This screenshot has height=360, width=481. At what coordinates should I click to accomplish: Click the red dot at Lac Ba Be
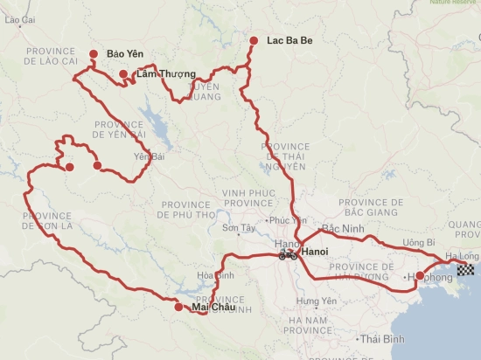click(254, 41)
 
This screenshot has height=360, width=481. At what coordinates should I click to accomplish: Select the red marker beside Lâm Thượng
click(124, 74)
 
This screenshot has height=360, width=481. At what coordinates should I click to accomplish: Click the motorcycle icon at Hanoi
click(287, 254)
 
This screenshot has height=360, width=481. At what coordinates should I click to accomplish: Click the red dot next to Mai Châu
click(178, 307)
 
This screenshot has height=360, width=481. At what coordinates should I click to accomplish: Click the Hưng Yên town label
click(313, 301)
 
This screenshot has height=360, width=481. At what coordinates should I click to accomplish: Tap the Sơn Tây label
click(236, 229)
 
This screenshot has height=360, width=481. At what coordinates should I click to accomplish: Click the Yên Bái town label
click(149, 157)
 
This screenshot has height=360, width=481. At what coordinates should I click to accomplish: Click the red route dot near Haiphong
click(420, 276)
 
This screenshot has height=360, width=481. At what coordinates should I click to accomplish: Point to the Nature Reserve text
click(452, 3)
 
